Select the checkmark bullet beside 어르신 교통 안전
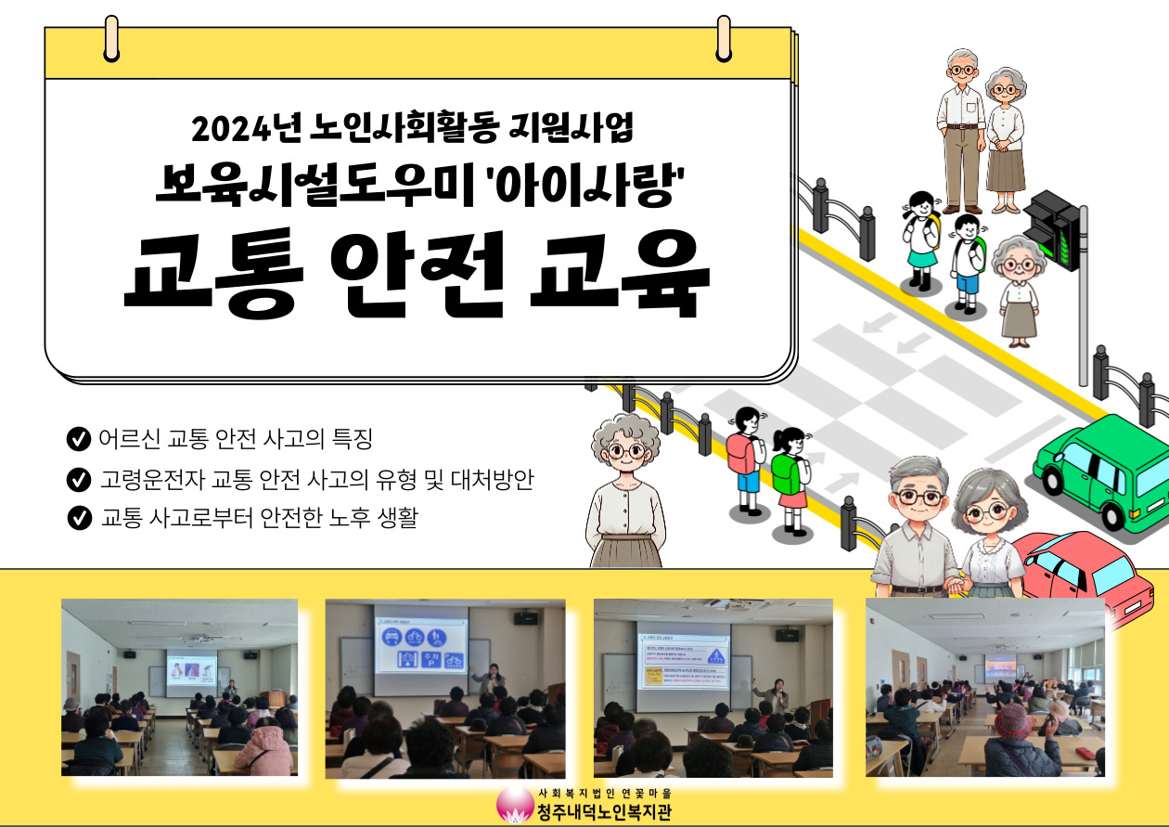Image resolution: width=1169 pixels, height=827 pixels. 79,437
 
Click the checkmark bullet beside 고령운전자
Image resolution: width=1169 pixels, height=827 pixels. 79,480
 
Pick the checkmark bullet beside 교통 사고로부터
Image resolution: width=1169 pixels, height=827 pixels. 79,518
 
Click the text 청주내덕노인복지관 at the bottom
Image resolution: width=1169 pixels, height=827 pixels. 604,812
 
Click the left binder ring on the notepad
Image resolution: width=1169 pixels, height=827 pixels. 112,37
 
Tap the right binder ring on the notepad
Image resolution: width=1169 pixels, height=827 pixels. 725,37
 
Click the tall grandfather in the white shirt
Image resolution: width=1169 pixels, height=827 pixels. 960,130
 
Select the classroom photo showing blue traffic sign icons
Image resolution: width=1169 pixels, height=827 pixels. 444,688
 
